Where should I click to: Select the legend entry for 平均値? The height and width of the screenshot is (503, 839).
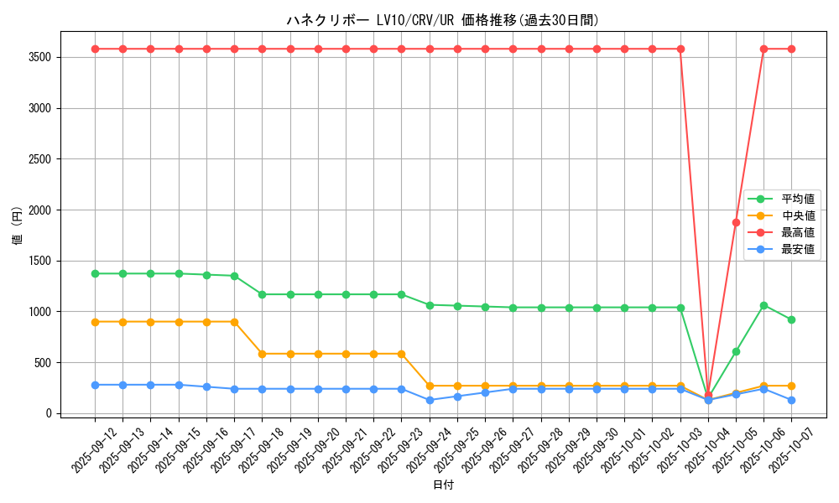(798, 199)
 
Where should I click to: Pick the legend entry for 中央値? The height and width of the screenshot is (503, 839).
(798, 215)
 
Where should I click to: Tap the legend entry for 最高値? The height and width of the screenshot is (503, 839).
(798, 232)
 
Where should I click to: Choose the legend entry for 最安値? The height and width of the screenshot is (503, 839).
(798, 249)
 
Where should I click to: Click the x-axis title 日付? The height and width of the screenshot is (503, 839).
(443, 485)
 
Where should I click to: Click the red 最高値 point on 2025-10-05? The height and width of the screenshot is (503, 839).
(736, 222)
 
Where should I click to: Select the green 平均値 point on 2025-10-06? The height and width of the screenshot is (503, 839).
(763, 305)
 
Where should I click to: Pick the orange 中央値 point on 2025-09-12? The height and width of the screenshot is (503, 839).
(95, 322)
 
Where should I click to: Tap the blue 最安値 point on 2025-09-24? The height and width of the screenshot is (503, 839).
(430, 400)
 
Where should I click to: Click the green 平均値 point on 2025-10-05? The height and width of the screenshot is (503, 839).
(736, 351)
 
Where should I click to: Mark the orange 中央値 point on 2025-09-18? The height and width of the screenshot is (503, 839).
(262, 354)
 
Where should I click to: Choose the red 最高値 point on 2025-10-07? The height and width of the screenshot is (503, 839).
(791, 49)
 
